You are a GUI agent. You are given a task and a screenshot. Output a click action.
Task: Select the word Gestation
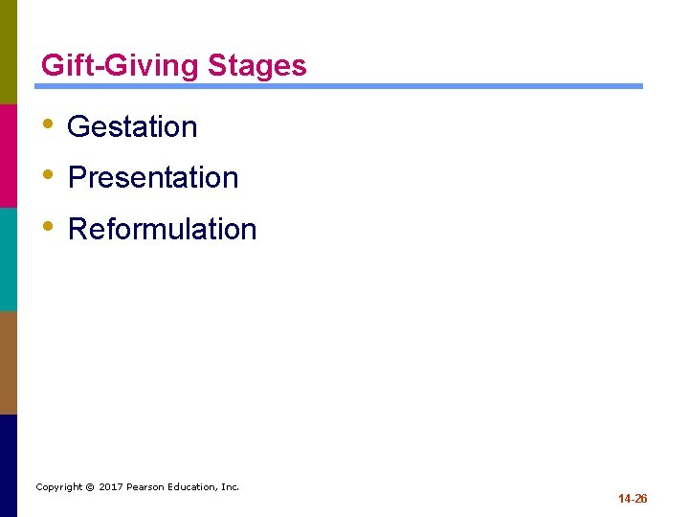132,126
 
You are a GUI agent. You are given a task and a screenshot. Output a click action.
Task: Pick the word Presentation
153,177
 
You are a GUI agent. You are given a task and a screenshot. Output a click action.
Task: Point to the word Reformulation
163,229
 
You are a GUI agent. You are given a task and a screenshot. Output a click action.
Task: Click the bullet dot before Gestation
48,124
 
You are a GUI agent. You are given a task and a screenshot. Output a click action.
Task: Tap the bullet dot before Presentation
48,175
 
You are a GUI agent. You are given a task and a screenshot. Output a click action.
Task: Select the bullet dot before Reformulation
48,227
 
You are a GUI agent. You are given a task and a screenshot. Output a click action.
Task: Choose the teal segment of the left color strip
8,258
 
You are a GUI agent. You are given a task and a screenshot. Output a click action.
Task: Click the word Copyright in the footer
58,487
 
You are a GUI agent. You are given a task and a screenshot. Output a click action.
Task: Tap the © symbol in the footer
90,487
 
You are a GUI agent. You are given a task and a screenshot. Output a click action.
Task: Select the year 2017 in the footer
111,487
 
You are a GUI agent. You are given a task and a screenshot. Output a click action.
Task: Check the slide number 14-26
633,499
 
